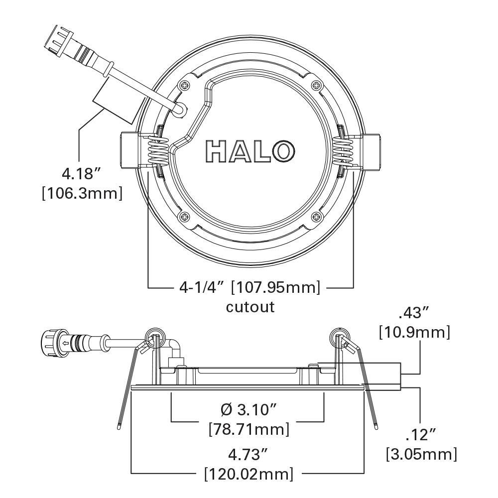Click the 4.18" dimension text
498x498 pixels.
82,174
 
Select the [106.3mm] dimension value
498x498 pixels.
82,193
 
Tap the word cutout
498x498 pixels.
250,306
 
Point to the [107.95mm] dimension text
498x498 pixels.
276,287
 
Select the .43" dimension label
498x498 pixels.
414,313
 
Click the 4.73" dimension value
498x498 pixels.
248,454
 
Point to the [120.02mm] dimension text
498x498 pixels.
248,473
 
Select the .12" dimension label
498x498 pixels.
421,435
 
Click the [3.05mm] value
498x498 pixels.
421,454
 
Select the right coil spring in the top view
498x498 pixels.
343,150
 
